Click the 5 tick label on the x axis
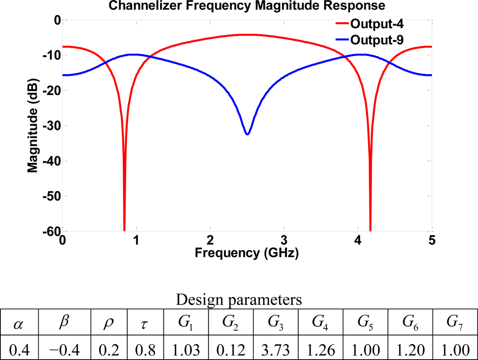pos(432,240)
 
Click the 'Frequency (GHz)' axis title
pos(247,253)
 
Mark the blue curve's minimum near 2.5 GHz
pos(247,134)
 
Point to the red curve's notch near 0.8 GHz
pos(124,225)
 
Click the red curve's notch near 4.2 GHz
pos(370,225)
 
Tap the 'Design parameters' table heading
pos(239,300)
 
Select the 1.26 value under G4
pos(320,346)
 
